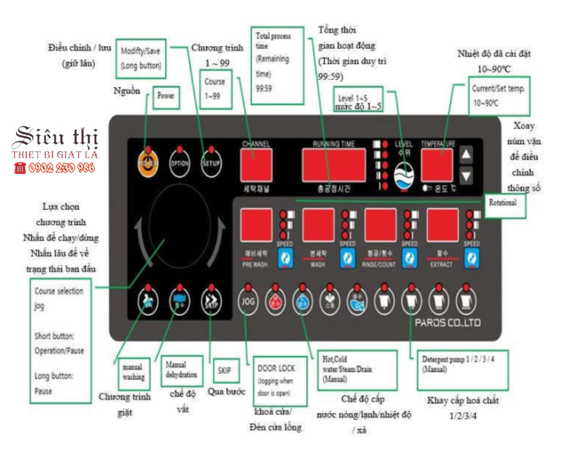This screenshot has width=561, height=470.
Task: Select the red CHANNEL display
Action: (256, 164)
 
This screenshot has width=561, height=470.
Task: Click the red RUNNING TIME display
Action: (333, 165)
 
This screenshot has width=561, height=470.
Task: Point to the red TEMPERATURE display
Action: (438, 165)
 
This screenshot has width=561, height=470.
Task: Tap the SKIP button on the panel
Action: (211, 301)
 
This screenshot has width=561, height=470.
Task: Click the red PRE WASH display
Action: (255, 226)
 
